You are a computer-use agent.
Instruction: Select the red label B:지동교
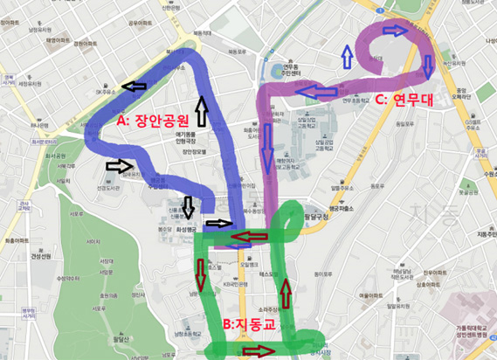251,323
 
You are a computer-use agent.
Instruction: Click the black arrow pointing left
135,86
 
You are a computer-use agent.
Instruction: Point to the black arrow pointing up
202,111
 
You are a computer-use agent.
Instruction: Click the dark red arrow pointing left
252,235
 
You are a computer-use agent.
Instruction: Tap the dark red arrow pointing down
201,273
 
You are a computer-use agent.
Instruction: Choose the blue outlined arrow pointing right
396,31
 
